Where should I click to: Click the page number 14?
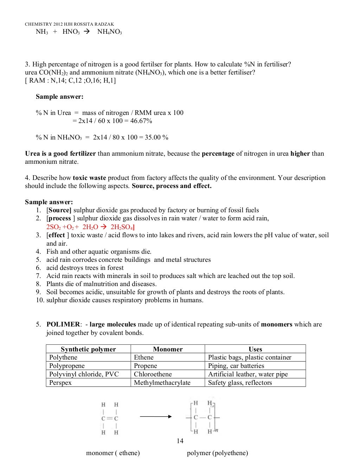point(180,441)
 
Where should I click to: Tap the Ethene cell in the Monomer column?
point(144,357)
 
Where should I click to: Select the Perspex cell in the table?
point(60,383)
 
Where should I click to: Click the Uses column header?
point(255,349)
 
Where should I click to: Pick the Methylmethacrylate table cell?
point(162,383)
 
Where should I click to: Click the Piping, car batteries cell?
point(236,366)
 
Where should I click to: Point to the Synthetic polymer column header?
point(88,349)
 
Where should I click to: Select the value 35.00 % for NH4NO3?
point(156,137)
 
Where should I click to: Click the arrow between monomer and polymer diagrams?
point(155,417)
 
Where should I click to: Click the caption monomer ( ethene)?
point(113,453)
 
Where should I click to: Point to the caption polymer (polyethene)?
point(217,453)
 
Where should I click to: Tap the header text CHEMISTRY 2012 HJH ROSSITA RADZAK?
point(70,24)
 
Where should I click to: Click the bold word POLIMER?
point(63,324)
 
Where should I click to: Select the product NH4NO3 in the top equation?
point(109,32)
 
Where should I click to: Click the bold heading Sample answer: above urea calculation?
point(60,97)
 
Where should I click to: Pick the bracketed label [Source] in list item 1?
point(59,210)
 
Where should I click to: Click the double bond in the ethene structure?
point(110,419)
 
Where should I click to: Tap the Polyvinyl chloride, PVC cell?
point(84,374)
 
